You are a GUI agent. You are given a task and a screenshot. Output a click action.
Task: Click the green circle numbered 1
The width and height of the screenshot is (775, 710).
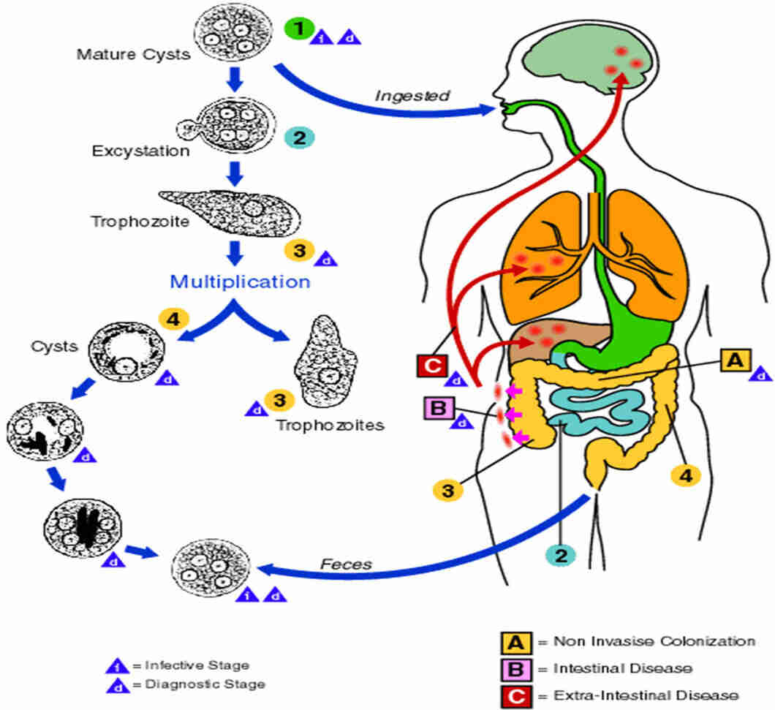point(297,31)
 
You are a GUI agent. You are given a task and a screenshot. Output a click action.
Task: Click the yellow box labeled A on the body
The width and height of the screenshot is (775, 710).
point(736,359)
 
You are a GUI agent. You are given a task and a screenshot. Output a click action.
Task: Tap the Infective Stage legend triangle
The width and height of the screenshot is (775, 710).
point(118,665)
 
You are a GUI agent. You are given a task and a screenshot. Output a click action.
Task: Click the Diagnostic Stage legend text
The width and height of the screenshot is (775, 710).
point(205,684)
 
